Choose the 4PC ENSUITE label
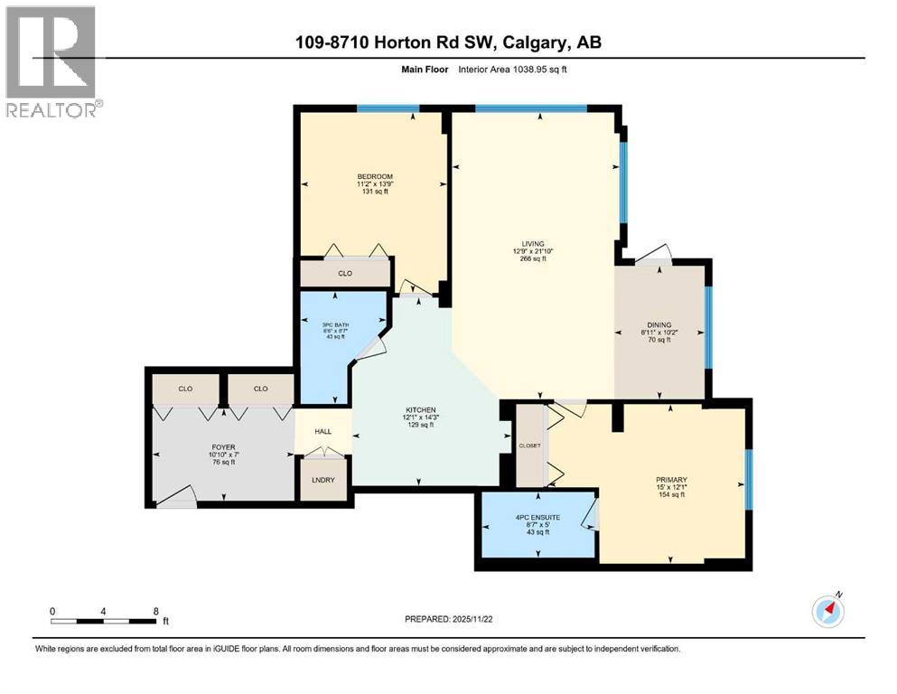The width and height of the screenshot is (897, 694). (537, 518)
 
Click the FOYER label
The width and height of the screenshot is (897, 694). (221, 446)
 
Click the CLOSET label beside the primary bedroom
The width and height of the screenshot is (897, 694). (529, 445)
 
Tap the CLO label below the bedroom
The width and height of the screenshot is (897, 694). (344, 272)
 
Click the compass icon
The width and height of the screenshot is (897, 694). (827, 611)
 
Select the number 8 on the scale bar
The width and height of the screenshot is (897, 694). (156, 611)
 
